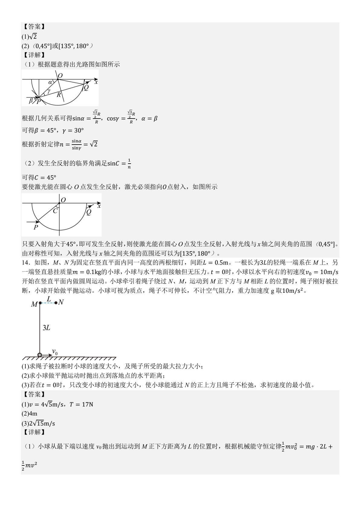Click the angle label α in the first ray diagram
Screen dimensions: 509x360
click(50, 82)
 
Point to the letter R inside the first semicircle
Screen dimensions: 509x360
click(59, 95)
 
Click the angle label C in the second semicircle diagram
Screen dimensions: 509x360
click(55, 211)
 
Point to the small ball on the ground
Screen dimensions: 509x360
click(40, 355)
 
